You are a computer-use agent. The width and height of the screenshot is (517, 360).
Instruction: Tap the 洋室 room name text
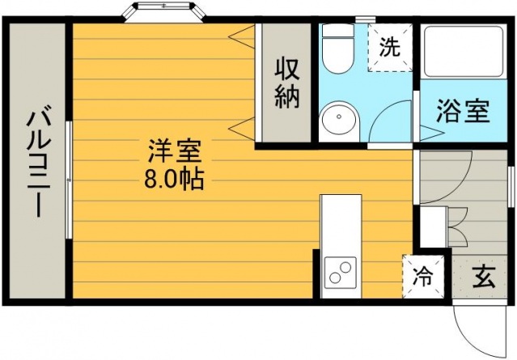[175, 151]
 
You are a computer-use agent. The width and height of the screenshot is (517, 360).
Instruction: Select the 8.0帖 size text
[175, 179]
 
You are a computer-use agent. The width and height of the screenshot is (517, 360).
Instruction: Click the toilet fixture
[337, 48]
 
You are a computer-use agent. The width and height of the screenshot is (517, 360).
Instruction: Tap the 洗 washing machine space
[390, 47]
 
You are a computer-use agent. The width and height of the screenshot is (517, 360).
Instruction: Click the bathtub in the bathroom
[464, 52]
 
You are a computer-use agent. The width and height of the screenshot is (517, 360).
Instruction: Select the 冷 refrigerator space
[423, 276]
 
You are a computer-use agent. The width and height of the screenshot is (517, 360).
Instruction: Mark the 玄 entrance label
[483, 276]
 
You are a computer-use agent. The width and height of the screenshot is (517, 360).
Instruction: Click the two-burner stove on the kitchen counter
[341, 272]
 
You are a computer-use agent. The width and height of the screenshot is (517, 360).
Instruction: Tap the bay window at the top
[163, 12]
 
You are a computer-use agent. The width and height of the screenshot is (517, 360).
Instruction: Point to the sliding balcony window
[69, 180]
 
